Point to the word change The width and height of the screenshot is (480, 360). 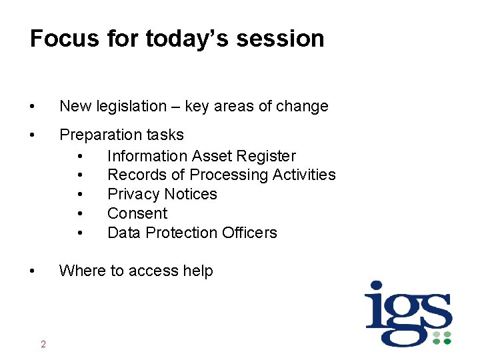click(303, 106)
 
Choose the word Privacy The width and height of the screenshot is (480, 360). click(132, 194)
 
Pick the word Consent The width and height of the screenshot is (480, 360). click(137, 213)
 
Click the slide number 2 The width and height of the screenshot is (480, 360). click(43, 344)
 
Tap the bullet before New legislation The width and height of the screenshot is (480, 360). click(32, 107)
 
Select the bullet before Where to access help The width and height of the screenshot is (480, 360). click(32, 271)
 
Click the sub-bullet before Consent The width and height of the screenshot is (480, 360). click(80, 214)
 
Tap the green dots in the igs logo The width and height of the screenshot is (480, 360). click(442, 337)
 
